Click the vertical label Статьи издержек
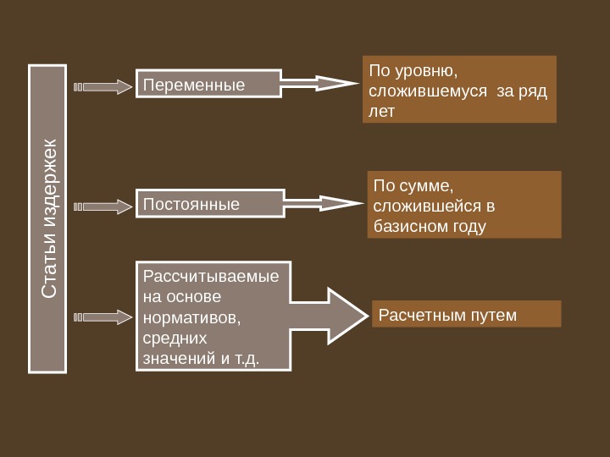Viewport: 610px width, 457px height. [x=47, y=218]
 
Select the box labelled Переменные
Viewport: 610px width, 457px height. [x=208, y=84]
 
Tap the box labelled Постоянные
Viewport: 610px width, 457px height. [x=208, y=204]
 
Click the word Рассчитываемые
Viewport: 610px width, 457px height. [x=211, y=277]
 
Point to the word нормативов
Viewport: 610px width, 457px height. [x=191, y=317]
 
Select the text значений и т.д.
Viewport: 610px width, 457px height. [x=201, y=358]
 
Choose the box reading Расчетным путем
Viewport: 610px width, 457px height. [x=466, y=314]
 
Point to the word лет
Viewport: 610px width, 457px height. [x=382, y=110]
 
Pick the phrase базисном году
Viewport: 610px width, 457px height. [x=429, y=226]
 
